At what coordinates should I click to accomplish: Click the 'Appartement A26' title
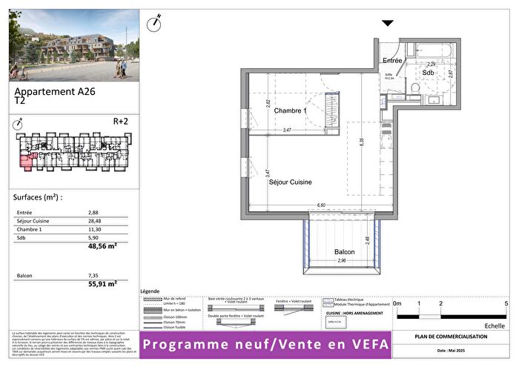point(56,93)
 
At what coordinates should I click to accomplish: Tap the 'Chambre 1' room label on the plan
point(290,110)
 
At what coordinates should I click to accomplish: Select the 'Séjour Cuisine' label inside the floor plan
point(290,182)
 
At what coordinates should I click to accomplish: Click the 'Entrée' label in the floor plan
point(392,60)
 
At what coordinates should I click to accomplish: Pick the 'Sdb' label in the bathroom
point(429,73)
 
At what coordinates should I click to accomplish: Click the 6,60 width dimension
point(321,205)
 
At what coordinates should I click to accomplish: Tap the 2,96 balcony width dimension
point(341,262)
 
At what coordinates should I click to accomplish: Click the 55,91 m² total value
point(103,283)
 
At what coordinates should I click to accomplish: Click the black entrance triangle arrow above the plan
point(388,24)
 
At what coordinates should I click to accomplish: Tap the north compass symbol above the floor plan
point(155,23)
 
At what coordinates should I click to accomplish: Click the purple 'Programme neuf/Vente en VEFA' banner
point(265,345)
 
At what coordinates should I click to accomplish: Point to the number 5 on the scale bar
point(506,304)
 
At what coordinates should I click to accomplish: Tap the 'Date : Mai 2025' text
point(451,350)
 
